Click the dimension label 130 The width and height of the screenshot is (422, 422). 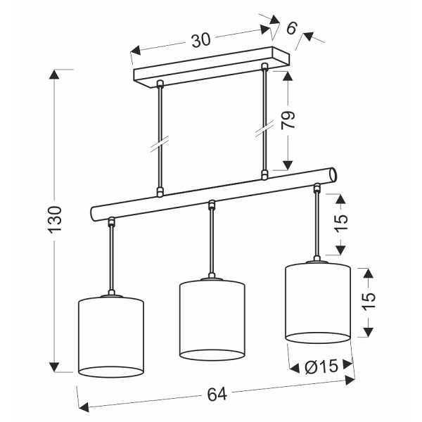(56, 220)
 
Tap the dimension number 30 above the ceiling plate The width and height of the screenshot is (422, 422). (201, 40)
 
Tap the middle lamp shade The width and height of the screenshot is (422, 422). (212, 320)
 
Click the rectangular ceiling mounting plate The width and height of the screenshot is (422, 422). (211, 67)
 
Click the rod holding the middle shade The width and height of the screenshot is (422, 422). (211, 243)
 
